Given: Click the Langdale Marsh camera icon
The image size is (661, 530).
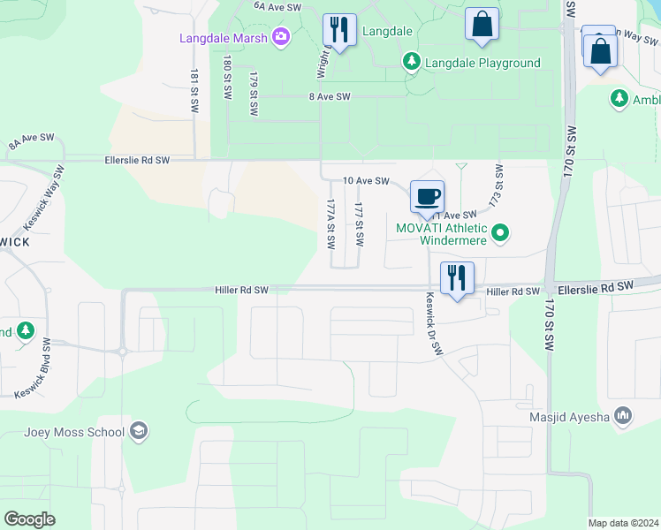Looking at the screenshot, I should pos(281,36).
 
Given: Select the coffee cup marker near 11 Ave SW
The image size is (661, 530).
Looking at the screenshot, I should pos(428,196).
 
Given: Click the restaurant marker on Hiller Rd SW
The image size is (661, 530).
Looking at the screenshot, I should pos(457,277).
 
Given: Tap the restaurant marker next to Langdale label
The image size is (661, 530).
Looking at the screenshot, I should pos(338,28).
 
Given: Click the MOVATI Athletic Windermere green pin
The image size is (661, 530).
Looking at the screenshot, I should pos(501,233).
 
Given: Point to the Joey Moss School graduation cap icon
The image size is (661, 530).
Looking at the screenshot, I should pos(138,431).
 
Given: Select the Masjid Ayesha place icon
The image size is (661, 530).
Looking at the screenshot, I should pos(624,415).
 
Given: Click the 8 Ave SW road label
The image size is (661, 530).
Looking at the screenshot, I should pos(329,97).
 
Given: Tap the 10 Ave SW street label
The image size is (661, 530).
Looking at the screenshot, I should pos(366,180).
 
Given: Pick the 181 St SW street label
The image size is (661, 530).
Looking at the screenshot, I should pos(194,89).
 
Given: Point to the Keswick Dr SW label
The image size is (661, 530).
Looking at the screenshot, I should pos(433,324).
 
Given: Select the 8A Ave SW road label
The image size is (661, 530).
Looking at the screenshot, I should pos(32,140).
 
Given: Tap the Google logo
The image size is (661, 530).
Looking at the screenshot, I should pos(29,519).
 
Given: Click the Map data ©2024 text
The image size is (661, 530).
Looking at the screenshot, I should pos(623,523).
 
